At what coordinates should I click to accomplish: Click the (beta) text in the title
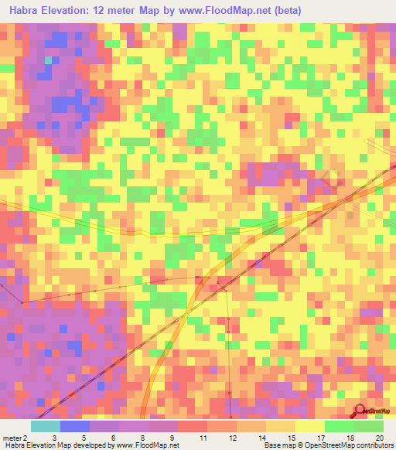coord(285,11)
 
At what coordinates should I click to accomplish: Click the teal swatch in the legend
coord(46,425)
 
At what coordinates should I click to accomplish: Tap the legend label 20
coord(379,437)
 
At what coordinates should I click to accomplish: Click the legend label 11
coord(203,437)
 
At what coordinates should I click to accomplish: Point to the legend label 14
coord(262,437)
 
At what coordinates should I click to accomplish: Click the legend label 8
coord(145,437)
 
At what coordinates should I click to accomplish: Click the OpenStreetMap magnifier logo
coord(360,411)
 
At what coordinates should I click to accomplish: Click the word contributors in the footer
coord(374,445)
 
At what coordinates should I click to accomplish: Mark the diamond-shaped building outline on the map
coord(334,179)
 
